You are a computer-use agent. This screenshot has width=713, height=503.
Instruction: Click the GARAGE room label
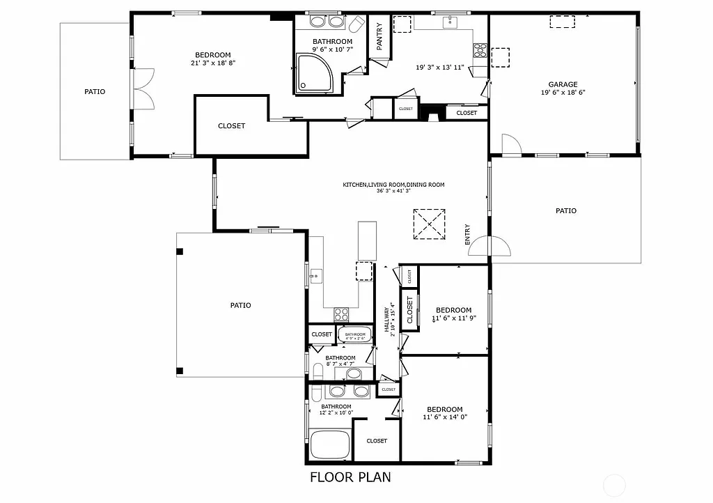563,84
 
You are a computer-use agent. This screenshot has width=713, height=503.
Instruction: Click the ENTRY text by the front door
467,234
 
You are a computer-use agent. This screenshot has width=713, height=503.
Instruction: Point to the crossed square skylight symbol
429,224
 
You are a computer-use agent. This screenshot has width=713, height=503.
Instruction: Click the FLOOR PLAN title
350,477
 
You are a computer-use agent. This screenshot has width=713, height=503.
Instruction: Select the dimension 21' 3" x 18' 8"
213,63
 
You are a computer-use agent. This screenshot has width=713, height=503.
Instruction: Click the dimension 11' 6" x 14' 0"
444,417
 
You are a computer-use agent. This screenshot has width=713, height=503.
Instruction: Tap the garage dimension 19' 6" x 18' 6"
563,93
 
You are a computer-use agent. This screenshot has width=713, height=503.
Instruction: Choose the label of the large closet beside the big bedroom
231,126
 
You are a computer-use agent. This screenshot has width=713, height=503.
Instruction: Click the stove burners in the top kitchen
480,49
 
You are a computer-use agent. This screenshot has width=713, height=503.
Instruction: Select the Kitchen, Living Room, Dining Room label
393,185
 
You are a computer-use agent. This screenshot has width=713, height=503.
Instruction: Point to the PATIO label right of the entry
565,210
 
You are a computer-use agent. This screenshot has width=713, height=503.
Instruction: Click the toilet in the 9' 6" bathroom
356,25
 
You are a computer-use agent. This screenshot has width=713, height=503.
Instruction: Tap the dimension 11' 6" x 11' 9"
453,318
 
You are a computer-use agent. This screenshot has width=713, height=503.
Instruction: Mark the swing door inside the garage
510,144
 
